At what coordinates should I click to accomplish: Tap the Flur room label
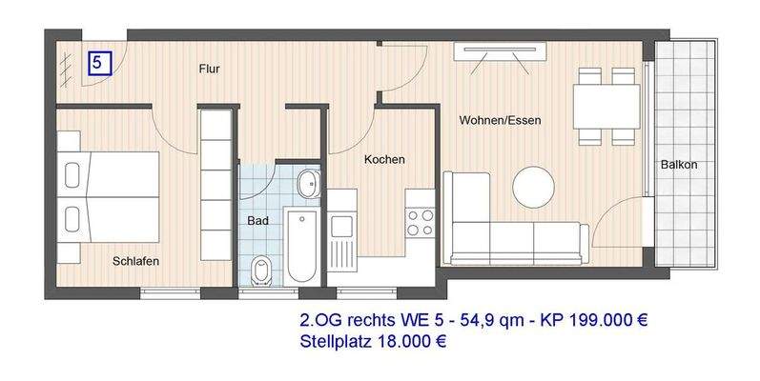click(x=211, y=70)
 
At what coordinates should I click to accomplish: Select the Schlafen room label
click(x=135, y=260)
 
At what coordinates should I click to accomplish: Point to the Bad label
click(x=257, y=220)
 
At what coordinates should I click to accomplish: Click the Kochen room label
click(x=384, y=160)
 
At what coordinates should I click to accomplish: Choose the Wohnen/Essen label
click(x=500, y=121)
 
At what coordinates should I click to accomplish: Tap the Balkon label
click(x=679, y=165)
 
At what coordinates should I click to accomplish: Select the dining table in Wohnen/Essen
click(x=606, y=106)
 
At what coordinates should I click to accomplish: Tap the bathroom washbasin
click(x=308, y=184)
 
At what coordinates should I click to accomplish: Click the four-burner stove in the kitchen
click(x=420, y=222)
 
